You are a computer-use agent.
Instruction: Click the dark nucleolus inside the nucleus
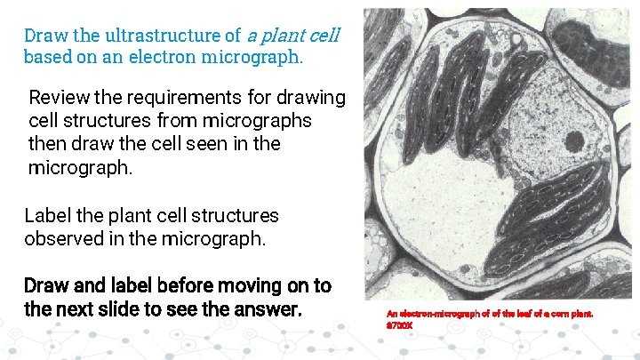coord(573,140)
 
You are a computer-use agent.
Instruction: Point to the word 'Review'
coord(58,97)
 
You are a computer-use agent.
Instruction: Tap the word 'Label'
coord(45,216)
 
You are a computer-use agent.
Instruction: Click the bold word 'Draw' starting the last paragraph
coord(46,286)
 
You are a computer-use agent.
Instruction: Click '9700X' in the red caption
coord(400,325)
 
